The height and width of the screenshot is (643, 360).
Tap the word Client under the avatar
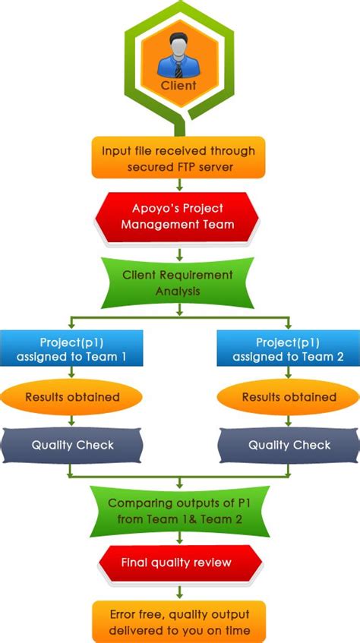tap(179, 85)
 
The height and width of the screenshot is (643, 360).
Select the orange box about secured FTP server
tap(179, 158)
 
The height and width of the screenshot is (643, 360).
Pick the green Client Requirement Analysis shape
tap(178, 281)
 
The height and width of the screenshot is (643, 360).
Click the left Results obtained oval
tap(72, 396)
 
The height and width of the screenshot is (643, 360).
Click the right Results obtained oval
tap(289, 396)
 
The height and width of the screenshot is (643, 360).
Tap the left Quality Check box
tap(73, 446)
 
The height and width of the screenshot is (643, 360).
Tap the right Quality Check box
tap(288, 446)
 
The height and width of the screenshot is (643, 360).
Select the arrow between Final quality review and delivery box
tap(179, 590)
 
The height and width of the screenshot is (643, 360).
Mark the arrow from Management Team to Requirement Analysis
tap(178, 251)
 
